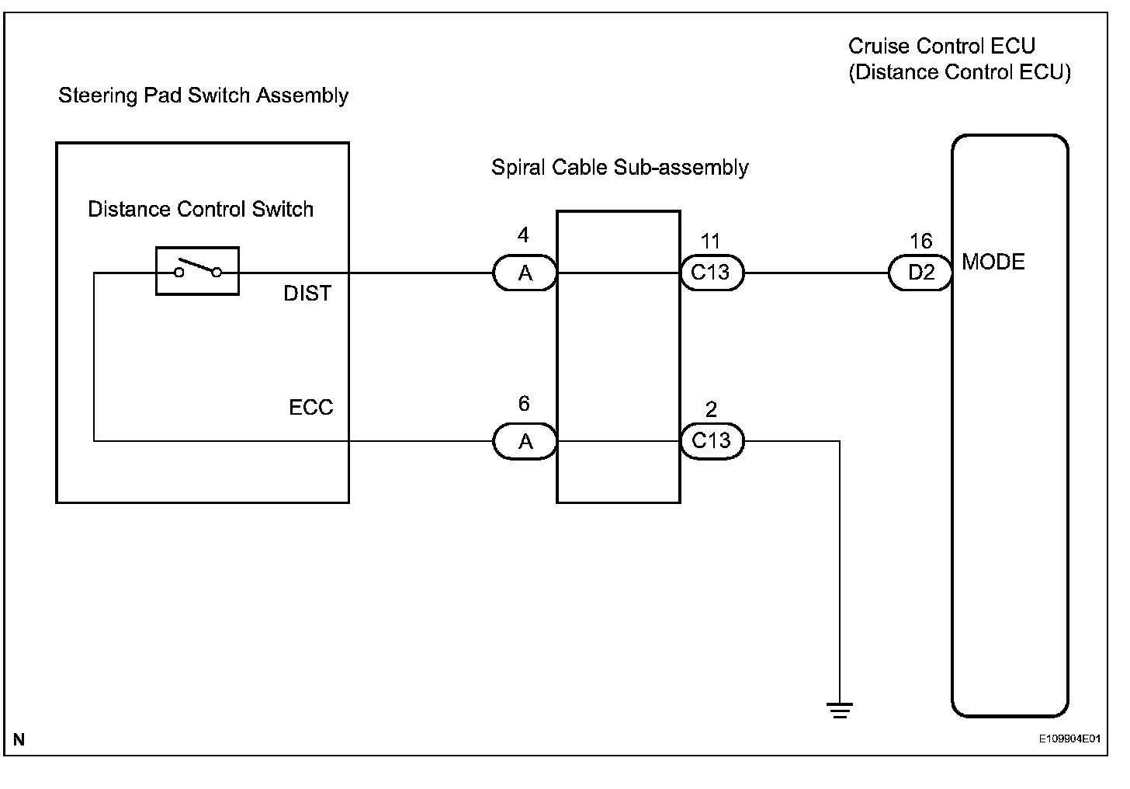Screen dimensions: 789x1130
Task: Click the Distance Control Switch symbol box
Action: point(197,271)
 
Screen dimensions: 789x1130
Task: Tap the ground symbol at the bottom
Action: point(839,709)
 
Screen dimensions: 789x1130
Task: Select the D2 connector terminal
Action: point(920,273)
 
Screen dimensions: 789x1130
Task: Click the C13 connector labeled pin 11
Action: point(712,273)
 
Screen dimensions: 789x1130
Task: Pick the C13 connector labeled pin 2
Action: point(712,441)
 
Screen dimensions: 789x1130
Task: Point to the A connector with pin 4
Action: point(525,273)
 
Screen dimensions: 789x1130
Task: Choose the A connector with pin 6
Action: point(525,441)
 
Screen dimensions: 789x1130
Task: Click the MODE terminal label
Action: point(993,262)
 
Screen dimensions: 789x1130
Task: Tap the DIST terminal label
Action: point(307,294)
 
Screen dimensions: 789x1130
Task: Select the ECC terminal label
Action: point(310,408)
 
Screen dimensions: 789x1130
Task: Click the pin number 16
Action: point(920,242)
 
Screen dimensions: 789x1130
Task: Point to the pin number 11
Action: point(710,242)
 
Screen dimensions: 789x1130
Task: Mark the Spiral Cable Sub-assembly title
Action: point(619,168)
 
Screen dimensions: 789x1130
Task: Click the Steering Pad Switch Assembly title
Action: point(203,96)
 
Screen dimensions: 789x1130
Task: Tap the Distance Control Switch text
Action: point(200,210)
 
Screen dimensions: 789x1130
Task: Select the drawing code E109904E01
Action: point(1070,739)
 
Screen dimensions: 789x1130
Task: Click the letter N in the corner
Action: point(19,740)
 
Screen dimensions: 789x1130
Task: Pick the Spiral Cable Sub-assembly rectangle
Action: point(619,357)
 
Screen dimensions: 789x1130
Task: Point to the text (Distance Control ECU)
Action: point(959,72)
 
